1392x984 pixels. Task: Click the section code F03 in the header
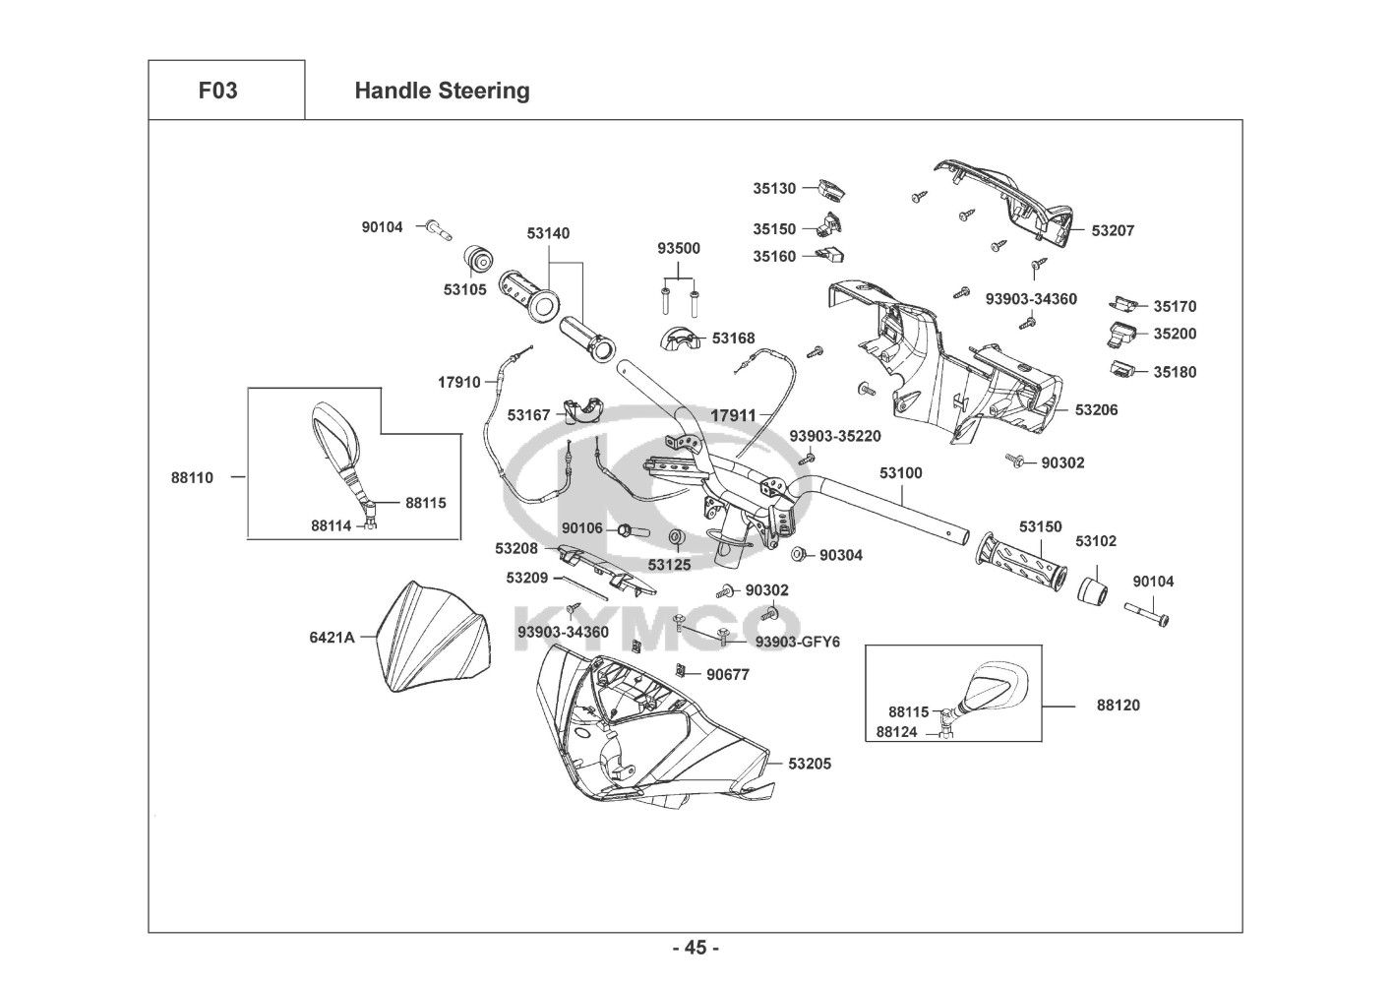[x=217, y=91]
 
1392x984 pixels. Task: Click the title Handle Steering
[x=442, y=91]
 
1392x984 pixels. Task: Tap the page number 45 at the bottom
[x=696, y=948]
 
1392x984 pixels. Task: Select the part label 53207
[x=1113, y=230]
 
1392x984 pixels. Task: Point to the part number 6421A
[x=332, y=637]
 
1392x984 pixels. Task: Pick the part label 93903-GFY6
[x=798, y=642]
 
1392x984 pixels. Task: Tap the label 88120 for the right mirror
[x=1119, y=706]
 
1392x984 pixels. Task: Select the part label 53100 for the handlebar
[x=901, y=473]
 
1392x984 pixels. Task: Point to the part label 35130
[x=774, y=188]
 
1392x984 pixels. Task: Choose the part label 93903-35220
[x=835, y=436]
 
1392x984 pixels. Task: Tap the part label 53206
[x=1096, y=409]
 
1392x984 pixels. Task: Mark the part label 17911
[x=733, y=415]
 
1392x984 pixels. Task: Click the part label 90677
[x=728, y=674]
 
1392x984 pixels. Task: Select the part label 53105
[x=464, y=290]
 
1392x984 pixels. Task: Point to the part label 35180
[x=1175, y=372]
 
